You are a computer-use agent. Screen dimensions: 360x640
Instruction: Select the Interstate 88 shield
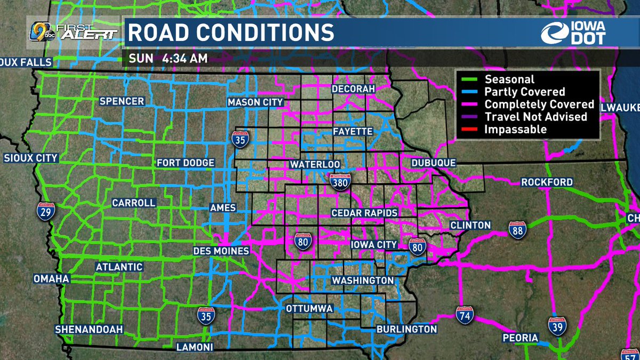(x=518, y=231)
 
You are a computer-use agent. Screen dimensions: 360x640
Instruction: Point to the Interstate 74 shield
(x=465, y=315)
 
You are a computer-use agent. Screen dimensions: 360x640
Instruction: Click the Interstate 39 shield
(x=557, y=324)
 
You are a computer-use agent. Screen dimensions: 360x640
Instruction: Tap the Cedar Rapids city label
(x=365, y=213)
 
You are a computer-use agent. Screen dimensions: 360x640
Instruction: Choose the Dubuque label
(x=434, y=163)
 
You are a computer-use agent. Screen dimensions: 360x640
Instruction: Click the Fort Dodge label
(x=186, y=163)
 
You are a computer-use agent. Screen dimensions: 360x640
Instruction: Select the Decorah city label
(x=353, y=89)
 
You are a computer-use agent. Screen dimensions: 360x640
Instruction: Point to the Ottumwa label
(x=310, y=309)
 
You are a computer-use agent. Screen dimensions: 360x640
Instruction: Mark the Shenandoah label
(x=89, y=329)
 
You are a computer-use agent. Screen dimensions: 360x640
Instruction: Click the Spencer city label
(x=122, y=101)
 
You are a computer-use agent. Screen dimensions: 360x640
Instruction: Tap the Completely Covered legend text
(x=539, y=105)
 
